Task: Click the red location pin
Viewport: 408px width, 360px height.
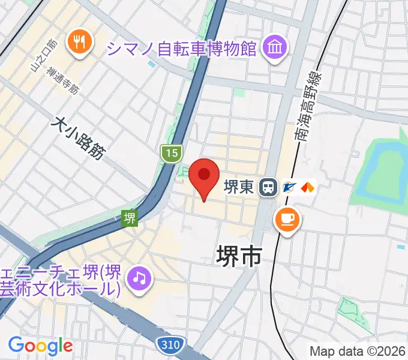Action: (204, 176)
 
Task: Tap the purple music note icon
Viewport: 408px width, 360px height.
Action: (139, 277)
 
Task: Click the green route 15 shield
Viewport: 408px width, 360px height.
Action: (171, 154)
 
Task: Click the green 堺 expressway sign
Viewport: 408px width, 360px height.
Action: (130, 218)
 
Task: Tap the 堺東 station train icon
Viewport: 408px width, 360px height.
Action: (268, 188)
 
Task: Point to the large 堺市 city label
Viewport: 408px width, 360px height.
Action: (239, 256)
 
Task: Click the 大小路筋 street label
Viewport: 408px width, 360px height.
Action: (78, 138)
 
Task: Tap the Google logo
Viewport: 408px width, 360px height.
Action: (40, 346)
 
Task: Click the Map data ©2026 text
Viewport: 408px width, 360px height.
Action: (358, 351)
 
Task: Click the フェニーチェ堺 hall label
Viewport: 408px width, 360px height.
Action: (60, 280)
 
